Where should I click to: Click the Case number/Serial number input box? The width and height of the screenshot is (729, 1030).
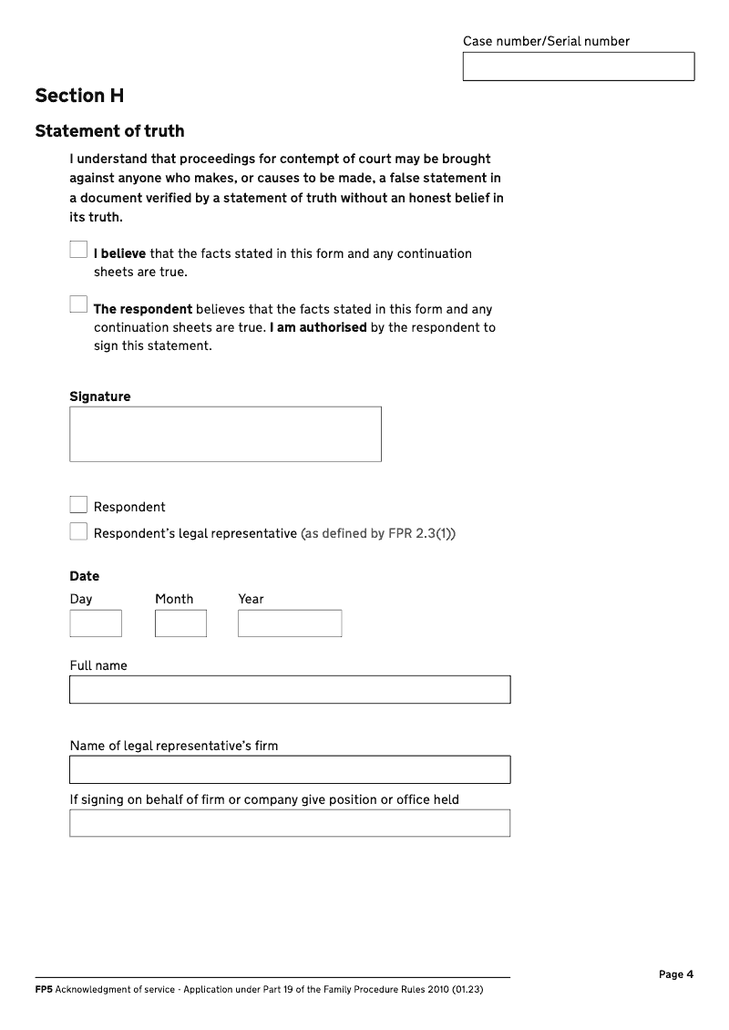point(579,67)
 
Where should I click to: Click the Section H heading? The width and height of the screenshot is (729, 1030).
point(79,96)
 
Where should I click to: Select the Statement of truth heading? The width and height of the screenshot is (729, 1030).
point(109,131)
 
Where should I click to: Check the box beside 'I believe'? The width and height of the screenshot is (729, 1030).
point(78,250)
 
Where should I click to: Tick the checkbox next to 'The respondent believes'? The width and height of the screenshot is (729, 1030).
point(78,304)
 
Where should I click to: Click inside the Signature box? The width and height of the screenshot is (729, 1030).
point(225,434)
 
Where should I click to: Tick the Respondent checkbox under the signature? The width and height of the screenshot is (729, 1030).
point(78,505)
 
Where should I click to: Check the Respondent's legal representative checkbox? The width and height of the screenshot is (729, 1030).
point(78,531)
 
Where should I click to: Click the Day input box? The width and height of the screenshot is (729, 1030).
point(96,623)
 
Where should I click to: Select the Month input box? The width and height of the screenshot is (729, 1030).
point(180,623)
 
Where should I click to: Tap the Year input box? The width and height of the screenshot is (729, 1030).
point(290,623)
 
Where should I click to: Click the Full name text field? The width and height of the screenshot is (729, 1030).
point(290,689)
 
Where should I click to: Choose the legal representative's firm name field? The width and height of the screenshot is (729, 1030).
point(290,769)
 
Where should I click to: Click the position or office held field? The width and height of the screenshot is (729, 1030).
point(290,823)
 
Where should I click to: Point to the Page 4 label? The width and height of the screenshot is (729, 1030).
point(676,974)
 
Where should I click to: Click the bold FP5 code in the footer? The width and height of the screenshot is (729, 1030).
point(43,989)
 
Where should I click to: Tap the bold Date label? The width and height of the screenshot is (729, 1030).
point(85,576)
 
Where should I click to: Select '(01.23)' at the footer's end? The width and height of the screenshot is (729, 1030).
point(466,989)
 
